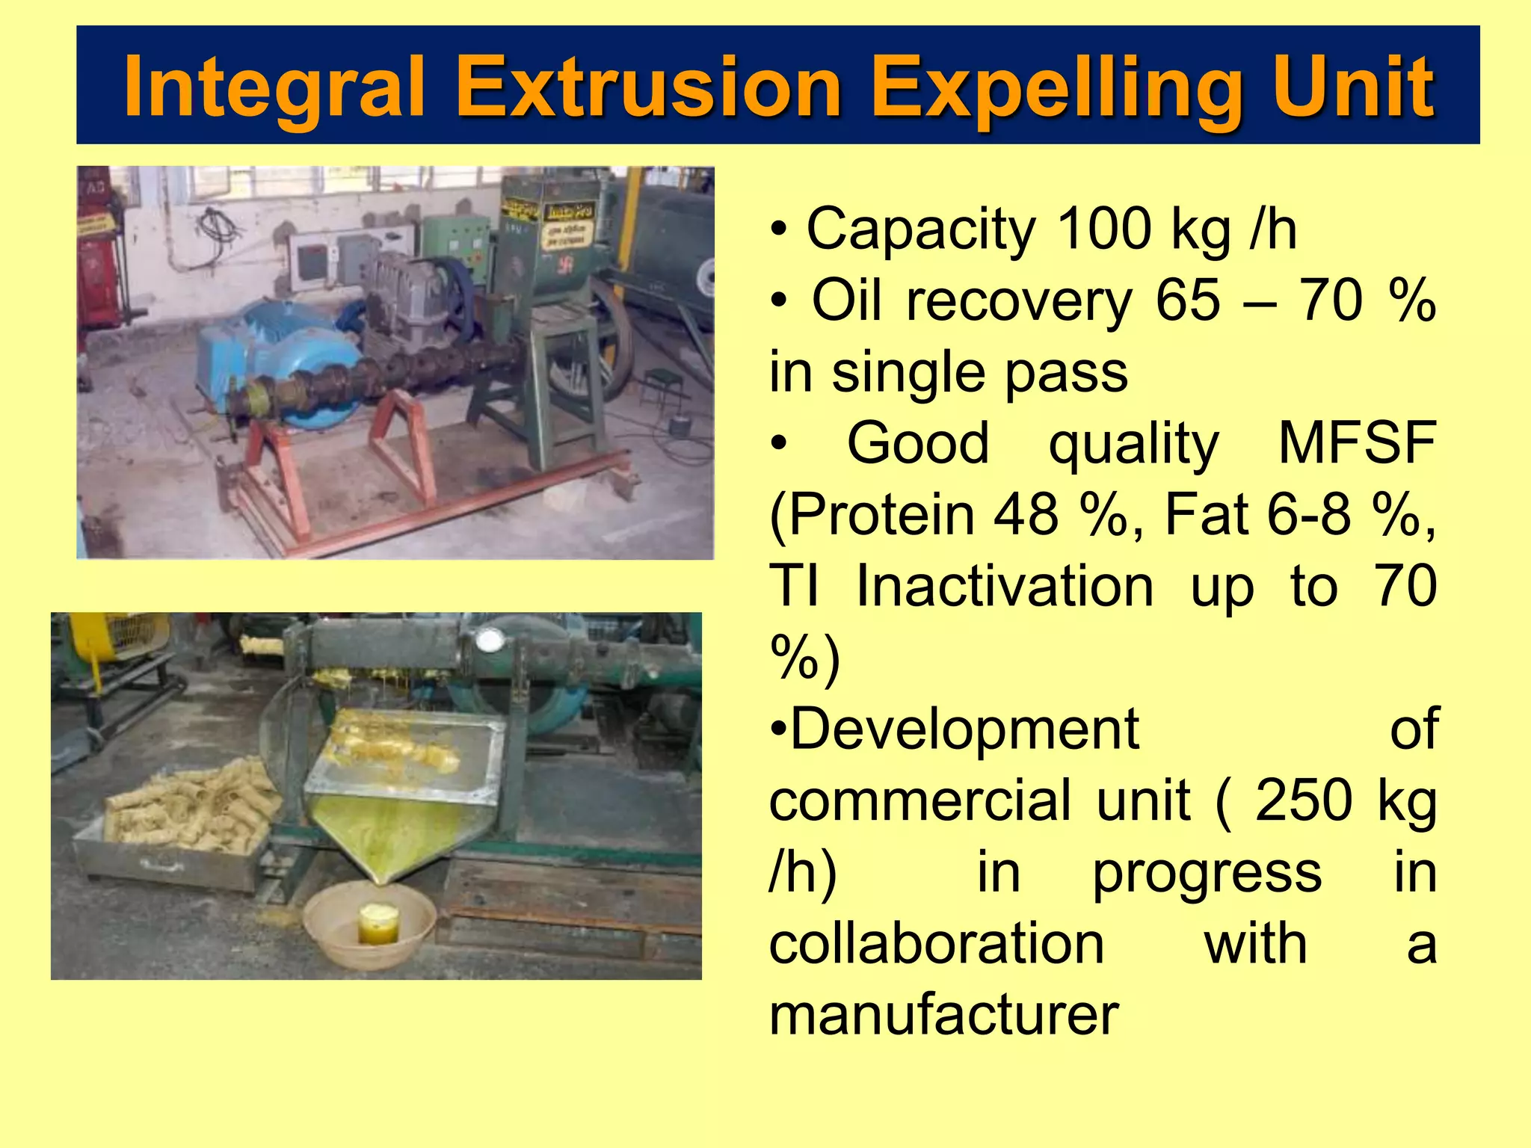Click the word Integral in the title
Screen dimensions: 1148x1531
pyautogui.click(x=274, y=87)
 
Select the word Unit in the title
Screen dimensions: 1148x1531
pyautogui.click(x=1353, y=87)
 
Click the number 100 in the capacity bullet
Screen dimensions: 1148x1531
pyautogui.click(x=1105, y=229)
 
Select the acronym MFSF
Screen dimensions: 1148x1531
pyautogui.click(x=1357, y=443)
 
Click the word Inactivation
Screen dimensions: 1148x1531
pyautogui.click(x=1005, y=586)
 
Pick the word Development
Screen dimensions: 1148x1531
pyautogui.click(x=964, y=729)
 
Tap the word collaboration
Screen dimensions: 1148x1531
pyautogui.click(x=937, y=944)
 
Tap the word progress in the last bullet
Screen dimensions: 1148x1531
pyautogui.click(x=1207, y=872)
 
